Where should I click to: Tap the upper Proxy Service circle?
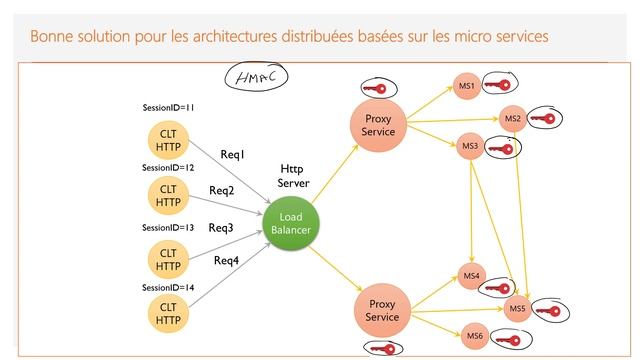click(x=379, y=125)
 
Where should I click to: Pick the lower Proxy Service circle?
click(x=382, y=310)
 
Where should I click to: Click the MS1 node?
click(x=465, y=86)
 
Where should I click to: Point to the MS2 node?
click(x=512, y=119)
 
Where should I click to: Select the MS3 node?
click(x=470, y=147)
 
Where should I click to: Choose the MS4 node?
click(x=470, y=274)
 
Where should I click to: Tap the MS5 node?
click(x=517, y=309)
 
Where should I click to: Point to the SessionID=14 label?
click(x=168, y=287)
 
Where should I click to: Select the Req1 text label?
click(x=233, y=154)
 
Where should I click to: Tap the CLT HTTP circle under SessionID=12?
click(x=168, y=194)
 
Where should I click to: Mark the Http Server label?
click(x=295, y=176)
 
